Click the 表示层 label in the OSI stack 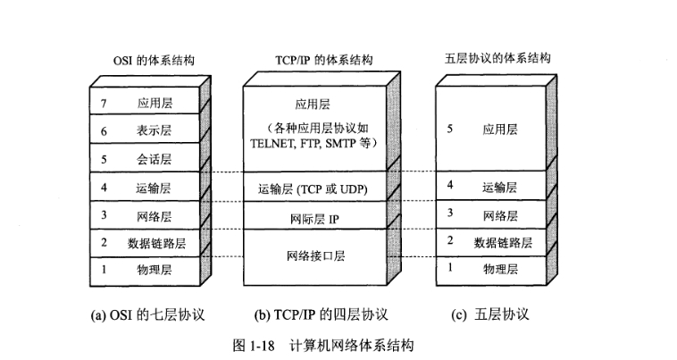pyautogui.click(x=155, y=130)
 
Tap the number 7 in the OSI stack pyautogui.click(x=104, y=103)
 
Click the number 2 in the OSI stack pyautogui.click(x=104, y=241)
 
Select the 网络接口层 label pyautogui.click(x=314, y=255)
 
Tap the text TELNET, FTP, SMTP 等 pyautogui.click(x=313, y=142)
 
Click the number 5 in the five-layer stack pyautogui.click(x=449, y=129)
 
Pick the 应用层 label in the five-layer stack pyautogui.click(x=500, y=129)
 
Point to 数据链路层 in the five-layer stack pyautogui.click(x=503, y=241)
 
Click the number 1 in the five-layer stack pyautogui.click(x=449, y=266)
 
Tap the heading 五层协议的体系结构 pyautogui.click(x=497, y=58)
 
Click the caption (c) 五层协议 pyautogui.click(x=490, y=314)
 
